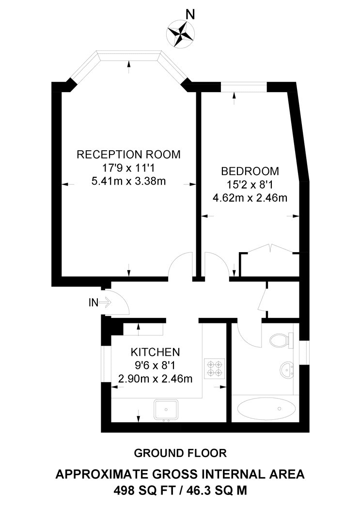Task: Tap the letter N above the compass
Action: [x=191, y=15]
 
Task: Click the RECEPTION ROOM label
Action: [x=129, y=155]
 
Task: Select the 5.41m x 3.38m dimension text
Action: [x=129, y=182]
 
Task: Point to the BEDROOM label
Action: [x=250, y=171]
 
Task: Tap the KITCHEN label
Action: [x=156, y=351]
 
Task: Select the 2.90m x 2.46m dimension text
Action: [x=156, y=378]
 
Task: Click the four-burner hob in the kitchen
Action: [x=215, y=368]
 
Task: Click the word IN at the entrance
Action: [x=93, y=303]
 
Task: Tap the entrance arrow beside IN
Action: [x=106, y=303]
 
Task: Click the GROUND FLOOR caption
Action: [x=180, y=453]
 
